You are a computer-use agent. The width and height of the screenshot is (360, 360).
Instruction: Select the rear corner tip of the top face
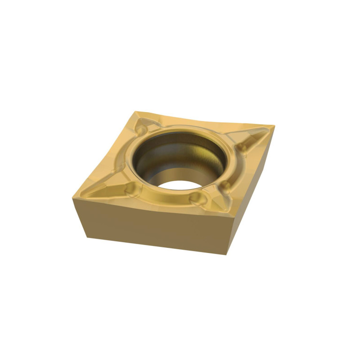click(x=137, y=112)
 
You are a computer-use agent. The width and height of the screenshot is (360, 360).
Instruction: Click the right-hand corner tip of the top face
click(x=274, y=125)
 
